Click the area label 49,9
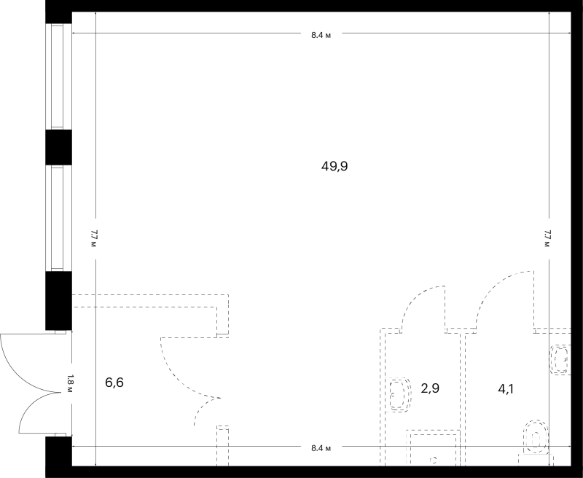tap(334, 166)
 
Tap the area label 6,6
tap(114, 382)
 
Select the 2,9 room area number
tap(430, 388)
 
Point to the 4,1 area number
tap(506, 389)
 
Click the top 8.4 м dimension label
tap(321, 35)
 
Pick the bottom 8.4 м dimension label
tap(321, 448)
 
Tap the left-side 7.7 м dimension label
tap(93, 238)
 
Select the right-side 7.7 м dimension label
tap(547, 238)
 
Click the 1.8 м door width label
tap(69, 384)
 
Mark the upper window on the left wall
tap(58, 77)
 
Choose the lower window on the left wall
tap(58, 218)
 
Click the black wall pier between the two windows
tap(58, 147)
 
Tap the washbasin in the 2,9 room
tap(399, 395)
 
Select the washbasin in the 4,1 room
tap(560, 360)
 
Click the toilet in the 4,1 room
tap(536, 437)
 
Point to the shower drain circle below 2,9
tap(433, 461)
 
